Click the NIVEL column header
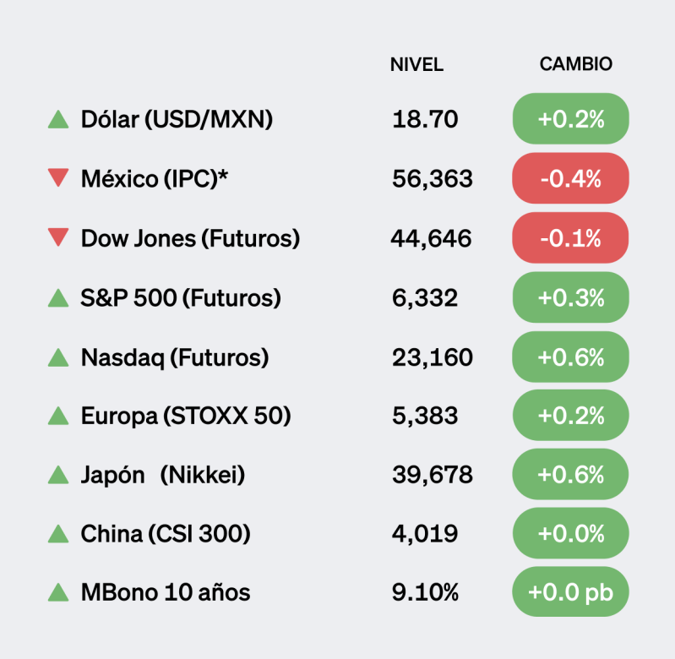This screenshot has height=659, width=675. click(x=416, y=65)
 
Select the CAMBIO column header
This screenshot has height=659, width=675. click(x=575, y=65)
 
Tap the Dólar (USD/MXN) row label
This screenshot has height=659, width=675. click(x=177, y=119)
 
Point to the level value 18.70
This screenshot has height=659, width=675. click(x=425, y=119)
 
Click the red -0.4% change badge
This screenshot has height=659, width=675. click(x=570, y=178)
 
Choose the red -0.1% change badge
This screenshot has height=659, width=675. click(x=570, y=238)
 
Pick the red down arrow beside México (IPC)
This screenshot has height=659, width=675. click(x=58, y=178)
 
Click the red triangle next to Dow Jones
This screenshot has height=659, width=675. click(x=58, y=238)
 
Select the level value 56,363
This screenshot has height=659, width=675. click(x=433, y=178)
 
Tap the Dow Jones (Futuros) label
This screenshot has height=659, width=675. click(x=190, y=238)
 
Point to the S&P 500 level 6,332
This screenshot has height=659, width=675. click(x=425, y=297)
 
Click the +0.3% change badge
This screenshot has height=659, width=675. click(x=570, y=297)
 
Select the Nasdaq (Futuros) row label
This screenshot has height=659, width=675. click(x=175, y=357)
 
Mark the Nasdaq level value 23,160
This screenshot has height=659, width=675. click(x=433, y=357)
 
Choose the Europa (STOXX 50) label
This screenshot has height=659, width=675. click(x=186, y=416)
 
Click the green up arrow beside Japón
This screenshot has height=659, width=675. click(x=58, y=475)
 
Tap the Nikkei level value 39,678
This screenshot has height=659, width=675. click(x=433, y=475)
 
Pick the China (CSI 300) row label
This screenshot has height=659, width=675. click(x=166, y=534)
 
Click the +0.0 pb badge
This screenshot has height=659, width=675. click(x=570, y=593)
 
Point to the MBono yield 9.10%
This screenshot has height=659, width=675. click(x=425, y=593)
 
